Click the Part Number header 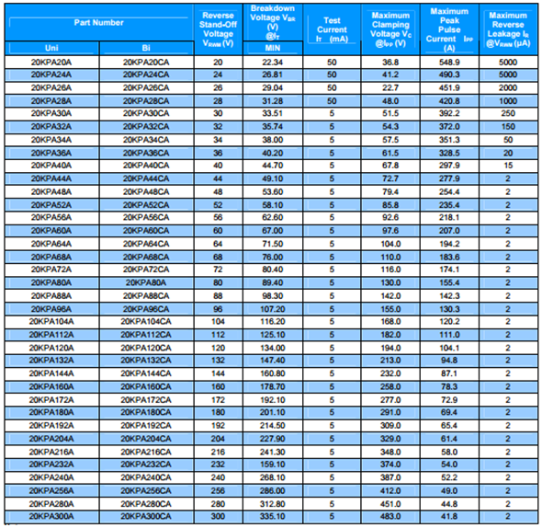point(98,23)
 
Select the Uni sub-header point(51,48)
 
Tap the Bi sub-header point(146,48)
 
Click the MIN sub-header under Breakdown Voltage point(273,48)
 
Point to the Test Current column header point(332,29)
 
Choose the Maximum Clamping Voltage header point(390,29)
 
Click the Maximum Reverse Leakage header point(508,29)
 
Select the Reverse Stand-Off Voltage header point(218,29)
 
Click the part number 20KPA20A point(51,63)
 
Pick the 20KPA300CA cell point(146,517)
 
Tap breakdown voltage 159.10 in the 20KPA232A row point(273,465)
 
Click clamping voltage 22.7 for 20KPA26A point(390,88)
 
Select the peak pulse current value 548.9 point(449,63)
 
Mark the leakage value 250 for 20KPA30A point(508,113)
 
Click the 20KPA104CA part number point(146,322)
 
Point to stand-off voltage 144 point(218,373)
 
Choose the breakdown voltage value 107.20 point(273,309)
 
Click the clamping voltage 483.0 point(390,517)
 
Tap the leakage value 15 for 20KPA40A point(508,166)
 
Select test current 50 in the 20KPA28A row point(332,101)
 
